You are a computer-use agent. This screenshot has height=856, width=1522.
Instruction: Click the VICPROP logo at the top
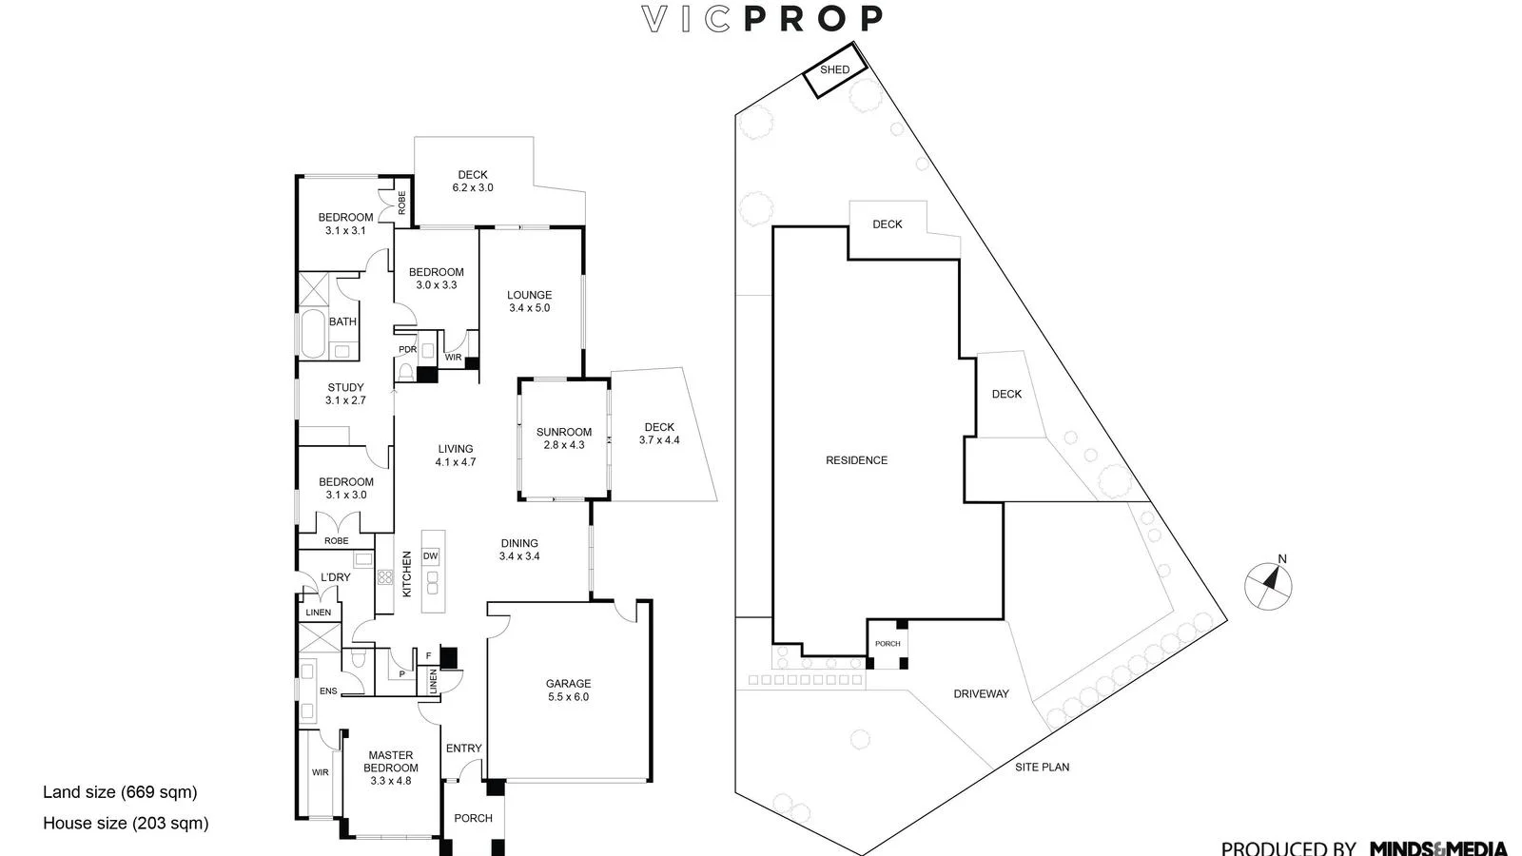pos(762,19)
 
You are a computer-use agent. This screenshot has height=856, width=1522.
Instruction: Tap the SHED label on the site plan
pos(834,69)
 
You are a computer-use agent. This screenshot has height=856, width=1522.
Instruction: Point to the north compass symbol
pos(1269,585)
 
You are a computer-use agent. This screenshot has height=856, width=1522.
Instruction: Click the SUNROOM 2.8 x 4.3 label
pos(563,438)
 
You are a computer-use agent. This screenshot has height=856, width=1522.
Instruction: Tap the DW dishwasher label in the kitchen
pos(430,556)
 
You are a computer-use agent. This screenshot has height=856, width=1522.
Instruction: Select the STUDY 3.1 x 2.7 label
pos(345,394)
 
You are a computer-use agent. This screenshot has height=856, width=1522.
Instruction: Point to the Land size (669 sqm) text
pos(120,792)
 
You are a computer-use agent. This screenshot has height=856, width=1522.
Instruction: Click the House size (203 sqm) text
pos(126,824)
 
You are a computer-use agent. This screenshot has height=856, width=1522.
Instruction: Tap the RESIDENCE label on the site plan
pos(856,460)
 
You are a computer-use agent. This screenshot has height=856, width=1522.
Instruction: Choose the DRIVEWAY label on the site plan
pos(981,694)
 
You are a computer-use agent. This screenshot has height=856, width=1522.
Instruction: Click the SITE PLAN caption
pos(1042,767)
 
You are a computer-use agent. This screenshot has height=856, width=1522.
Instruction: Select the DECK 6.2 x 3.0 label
pos(473,181)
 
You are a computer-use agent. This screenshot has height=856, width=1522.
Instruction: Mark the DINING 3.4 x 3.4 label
pos(519,550)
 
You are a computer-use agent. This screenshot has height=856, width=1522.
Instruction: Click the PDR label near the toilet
pos(407,350)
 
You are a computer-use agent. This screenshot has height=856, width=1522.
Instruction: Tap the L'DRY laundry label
pos(335,577)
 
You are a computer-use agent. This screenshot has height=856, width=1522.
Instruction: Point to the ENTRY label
pos(464,749)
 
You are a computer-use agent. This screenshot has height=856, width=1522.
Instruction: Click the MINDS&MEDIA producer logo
pos(1438,847)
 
